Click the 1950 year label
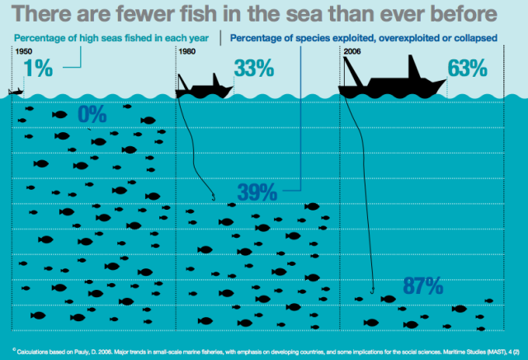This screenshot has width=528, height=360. click(x=25, y=52)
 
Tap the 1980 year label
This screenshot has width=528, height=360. click(x=187, y=52)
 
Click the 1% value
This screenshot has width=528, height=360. click(x=39, y=69)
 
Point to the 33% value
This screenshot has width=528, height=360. click(x=253, y=69)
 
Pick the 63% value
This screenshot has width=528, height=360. click(x=468, y=69)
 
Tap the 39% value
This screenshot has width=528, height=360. click(x=257, y=192)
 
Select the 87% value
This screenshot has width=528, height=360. click(x=424, y=287)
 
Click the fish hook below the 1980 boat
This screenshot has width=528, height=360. click(x=214, y=197)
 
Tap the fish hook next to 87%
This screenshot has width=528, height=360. click(x=373, y=290)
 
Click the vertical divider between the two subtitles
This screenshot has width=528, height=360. click(x=221, y=37)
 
